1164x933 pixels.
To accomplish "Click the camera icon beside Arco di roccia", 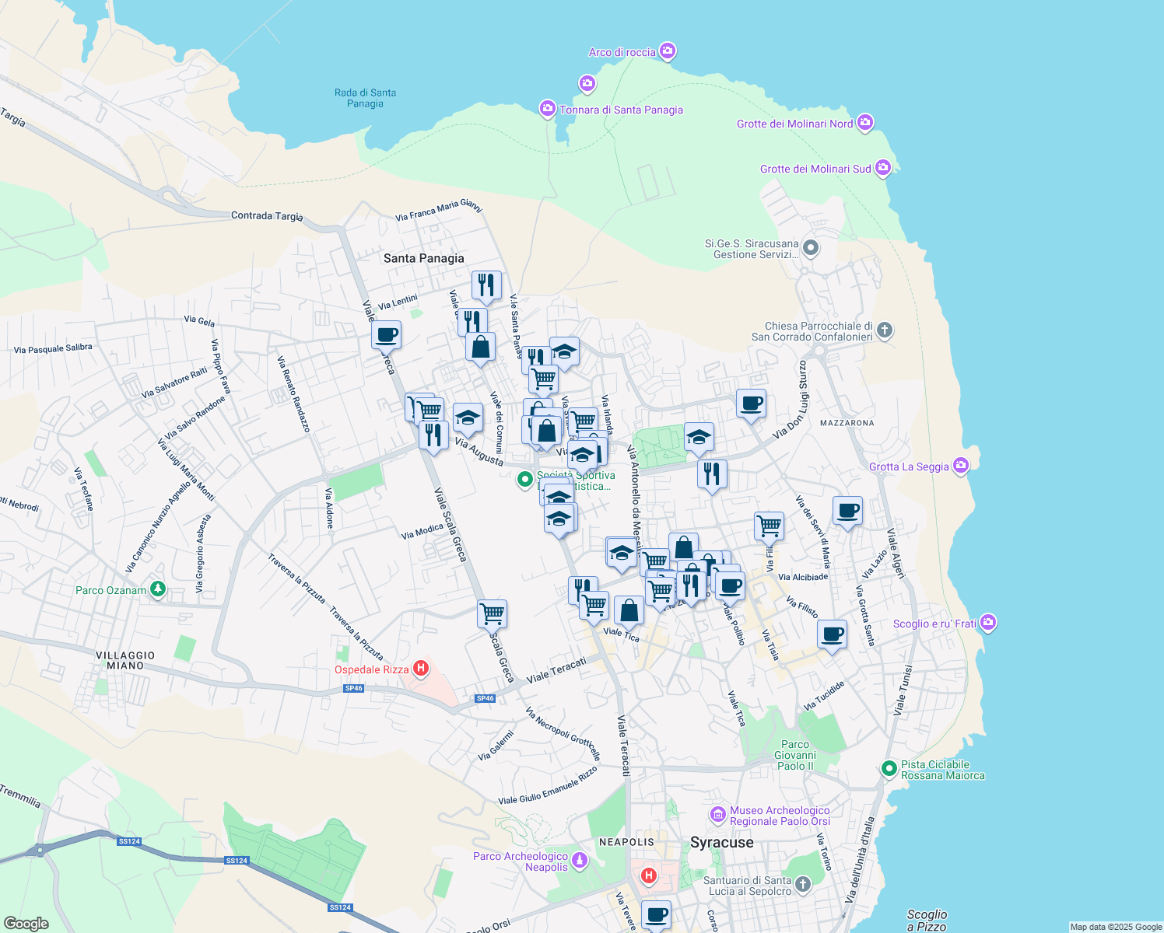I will coord(667,51).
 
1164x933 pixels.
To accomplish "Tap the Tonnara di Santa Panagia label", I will coord(621,110).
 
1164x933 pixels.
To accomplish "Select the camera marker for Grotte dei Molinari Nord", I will coord(864,123).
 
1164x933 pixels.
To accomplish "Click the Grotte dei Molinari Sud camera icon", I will coord(882,168).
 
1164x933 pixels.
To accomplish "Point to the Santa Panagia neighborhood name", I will coord(423,258).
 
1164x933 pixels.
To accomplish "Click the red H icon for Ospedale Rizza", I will coord(421,668).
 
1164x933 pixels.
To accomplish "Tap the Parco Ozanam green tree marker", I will coord(158,589).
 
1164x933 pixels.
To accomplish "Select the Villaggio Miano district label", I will coord(125,660).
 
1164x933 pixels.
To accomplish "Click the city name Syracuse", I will coord(721,842).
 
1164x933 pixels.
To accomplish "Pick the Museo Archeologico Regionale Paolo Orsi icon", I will coord(718,814).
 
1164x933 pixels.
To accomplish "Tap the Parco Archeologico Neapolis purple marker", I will coord(579,860).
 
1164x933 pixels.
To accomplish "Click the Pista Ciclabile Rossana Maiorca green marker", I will coord(889,769).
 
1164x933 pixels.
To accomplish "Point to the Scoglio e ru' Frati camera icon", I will coord(988,623).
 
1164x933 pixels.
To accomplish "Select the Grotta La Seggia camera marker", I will coord(961,466).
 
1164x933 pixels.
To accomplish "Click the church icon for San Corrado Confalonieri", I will coord(884,330).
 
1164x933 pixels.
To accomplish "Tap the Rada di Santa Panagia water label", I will coord(365,98).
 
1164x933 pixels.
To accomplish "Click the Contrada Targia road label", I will coord(267,215).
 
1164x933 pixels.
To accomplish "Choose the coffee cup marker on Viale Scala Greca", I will coord(386,335).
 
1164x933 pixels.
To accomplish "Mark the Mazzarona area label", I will coord(847,423).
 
